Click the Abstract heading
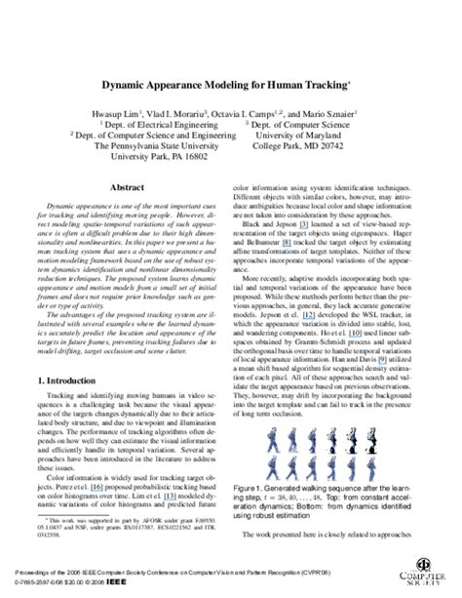[128, 184]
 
